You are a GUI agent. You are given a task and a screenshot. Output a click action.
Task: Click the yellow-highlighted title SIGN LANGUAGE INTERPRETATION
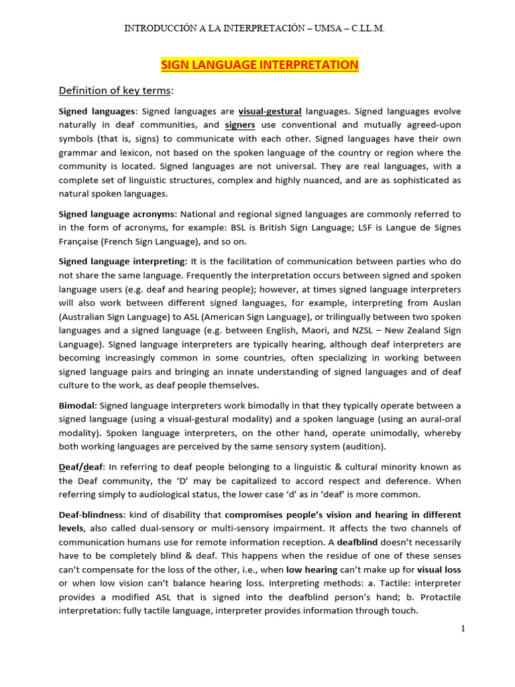(260, 65)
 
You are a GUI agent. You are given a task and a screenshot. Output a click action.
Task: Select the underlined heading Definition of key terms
(115, 91)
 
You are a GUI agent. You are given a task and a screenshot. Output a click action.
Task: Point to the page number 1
(463, 629)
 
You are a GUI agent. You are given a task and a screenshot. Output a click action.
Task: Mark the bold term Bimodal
(77, 405)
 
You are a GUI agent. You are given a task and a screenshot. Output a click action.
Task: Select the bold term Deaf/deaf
(77, 466)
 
